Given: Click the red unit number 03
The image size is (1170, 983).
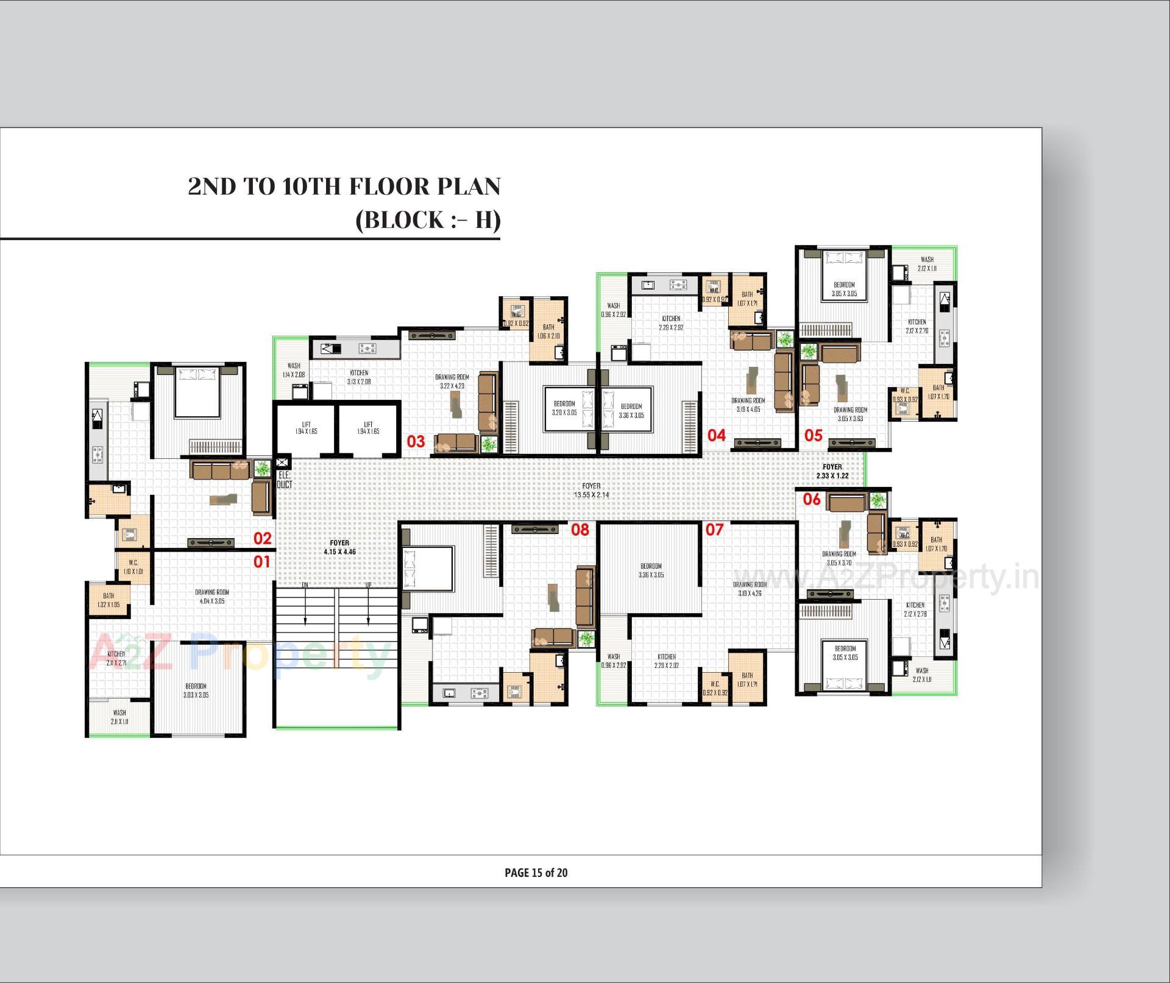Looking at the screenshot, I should coord(416,441).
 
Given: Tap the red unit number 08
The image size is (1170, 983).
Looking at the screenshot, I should coord(580,530).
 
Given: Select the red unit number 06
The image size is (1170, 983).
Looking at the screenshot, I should coord(812,499).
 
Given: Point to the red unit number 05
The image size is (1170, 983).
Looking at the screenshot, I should coord(814,435).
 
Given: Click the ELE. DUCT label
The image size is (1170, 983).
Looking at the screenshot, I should coord(284,480).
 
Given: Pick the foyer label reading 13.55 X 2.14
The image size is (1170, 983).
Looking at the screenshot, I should coord(591,491).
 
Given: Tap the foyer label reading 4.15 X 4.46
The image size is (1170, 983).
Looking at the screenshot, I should coord(339,547).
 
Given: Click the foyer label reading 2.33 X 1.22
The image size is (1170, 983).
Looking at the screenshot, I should coord(832,471).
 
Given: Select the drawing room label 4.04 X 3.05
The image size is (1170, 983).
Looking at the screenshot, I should coord(212,597).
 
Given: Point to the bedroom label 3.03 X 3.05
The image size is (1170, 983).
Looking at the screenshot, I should coord(196,690).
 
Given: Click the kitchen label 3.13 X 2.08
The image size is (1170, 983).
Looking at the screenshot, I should coord(359,377).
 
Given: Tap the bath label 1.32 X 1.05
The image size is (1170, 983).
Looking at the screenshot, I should coord(108,600).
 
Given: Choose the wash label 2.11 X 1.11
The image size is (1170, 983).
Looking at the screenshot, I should coord(119,717).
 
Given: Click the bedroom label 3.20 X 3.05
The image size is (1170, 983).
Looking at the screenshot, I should coord(564,408).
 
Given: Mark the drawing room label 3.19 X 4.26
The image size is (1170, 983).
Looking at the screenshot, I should coord(750,589).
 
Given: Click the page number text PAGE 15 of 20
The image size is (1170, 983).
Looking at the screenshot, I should coord(536,873).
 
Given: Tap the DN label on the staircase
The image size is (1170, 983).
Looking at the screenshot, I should coord(305,585).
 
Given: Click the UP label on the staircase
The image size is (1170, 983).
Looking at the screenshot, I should coord(368,585).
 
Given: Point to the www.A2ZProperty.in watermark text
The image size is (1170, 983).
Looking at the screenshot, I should coord(887,577).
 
